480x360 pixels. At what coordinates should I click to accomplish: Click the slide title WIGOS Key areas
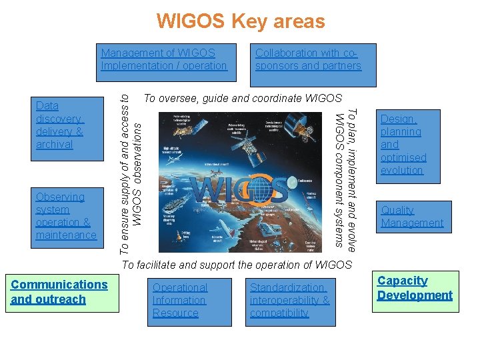tap(240, 21)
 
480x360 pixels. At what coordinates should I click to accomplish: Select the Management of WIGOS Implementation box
tap(164, 59)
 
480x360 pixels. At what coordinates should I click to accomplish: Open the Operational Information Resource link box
tap(189, 301)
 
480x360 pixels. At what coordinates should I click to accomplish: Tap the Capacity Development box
tap(415, 289)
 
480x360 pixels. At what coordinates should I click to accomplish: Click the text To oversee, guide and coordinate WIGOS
tap(243, 99)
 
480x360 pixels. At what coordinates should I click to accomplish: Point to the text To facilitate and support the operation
tap(236, 265)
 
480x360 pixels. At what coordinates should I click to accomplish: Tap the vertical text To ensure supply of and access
tap(130, 172)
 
